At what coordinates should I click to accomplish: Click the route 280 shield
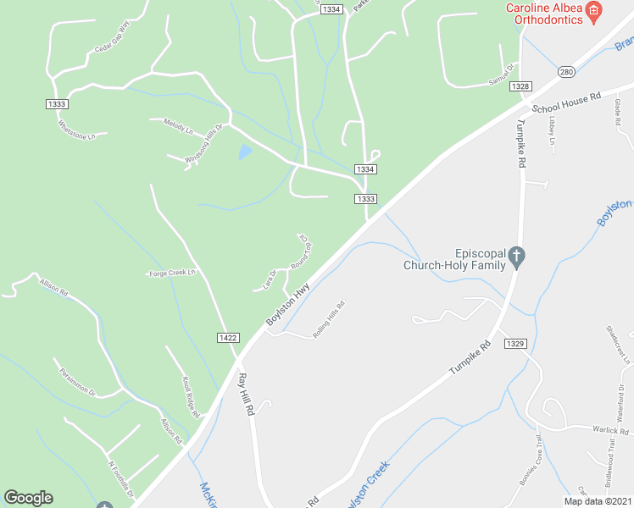(x=567, y=73)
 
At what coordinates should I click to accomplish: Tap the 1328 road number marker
(x=520, y=86)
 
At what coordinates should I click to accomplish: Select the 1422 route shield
(x=227, y=337)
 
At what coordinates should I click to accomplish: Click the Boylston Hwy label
(x=288, y=304)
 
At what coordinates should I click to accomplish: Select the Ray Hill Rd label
(x=247, y=394)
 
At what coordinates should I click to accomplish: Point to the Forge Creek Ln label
(x=172, y=273)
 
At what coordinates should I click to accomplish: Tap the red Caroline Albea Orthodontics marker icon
(x=594, y=11)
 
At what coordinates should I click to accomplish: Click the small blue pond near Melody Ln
(x=245, y=152)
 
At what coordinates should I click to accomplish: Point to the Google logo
(x=28, y=498)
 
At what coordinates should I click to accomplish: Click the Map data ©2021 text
(x=597, y=501)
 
